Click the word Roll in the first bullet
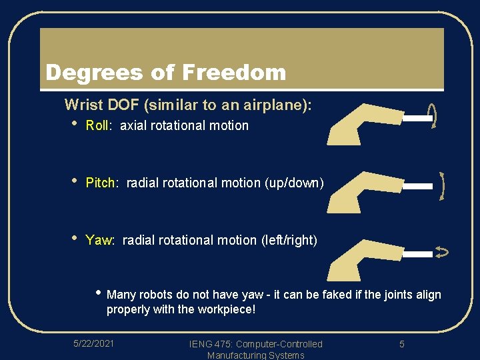click(x=97, y=125)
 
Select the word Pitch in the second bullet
click(x=101, y=183)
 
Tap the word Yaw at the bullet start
click(x=99, y=240)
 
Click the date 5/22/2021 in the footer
click(x=93, y=343)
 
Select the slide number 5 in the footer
click(x=402, y=344)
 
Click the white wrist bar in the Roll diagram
click(x=418, y=119)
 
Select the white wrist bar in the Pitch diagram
click(x=418, y=187)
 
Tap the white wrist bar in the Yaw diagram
click(x=418, y=254)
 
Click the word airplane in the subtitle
click(x=277, y=105)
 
